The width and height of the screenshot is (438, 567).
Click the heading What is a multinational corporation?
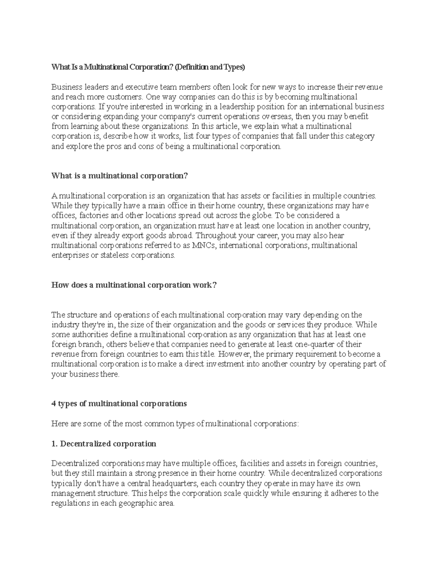click(x=120, y=176)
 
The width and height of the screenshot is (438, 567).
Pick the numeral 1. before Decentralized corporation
click(x=54, y=444)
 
